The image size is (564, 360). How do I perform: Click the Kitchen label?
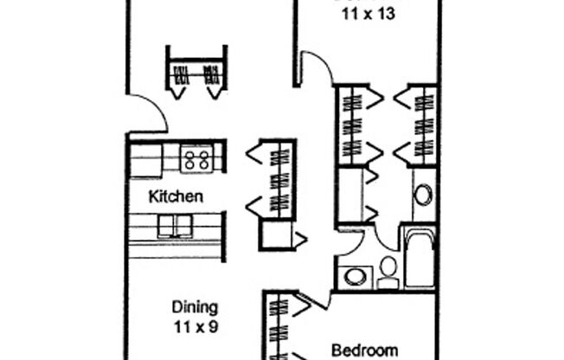(176, 196)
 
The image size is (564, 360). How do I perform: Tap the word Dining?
(194, 307)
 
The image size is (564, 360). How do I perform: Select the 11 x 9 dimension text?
(194, 327)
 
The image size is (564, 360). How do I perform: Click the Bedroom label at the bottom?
(365, 350)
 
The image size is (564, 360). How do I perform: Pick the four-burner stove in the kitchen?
(197, 158)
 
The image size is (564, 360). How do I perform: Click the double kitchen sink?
(178, 225)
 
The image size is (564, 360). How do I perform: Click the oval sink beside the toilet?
(355, 277)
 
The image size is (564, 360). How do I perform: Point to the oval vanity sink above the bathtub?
(423, 194)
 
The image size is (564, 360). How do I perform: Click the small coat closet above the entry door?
(195, 73)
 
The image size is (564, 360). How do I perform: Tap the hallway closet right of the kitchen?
(279, 178)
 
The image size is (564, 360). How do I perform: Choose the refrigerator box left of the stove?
(145, 160)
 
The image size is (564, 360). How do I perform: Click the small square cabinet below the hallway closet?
(277, 235)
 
